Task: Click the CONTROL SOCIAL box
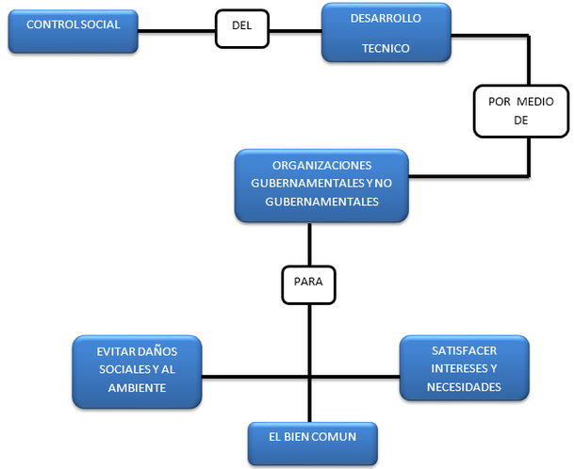[73, 31]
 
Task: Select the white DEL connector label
[241, 25]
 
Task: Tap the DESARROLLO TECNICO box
[385, 34]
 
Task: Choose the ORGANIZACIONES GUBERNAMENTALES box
[321, 186]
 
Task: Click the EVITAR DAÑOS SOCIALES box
[137, 371]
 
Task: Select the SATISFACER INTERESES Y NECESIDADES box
[464, 368]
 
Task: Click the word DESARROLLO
[386, 19]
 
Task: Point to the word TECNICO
[386, 49]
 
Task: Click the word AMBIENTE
[137, 387]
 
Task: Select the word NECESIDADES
[464, 387]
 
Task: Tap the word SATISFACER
[464, 350]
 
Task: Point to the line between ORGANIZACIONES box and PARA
[308, 243]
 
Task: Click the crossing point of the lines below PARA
[308, 379]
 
